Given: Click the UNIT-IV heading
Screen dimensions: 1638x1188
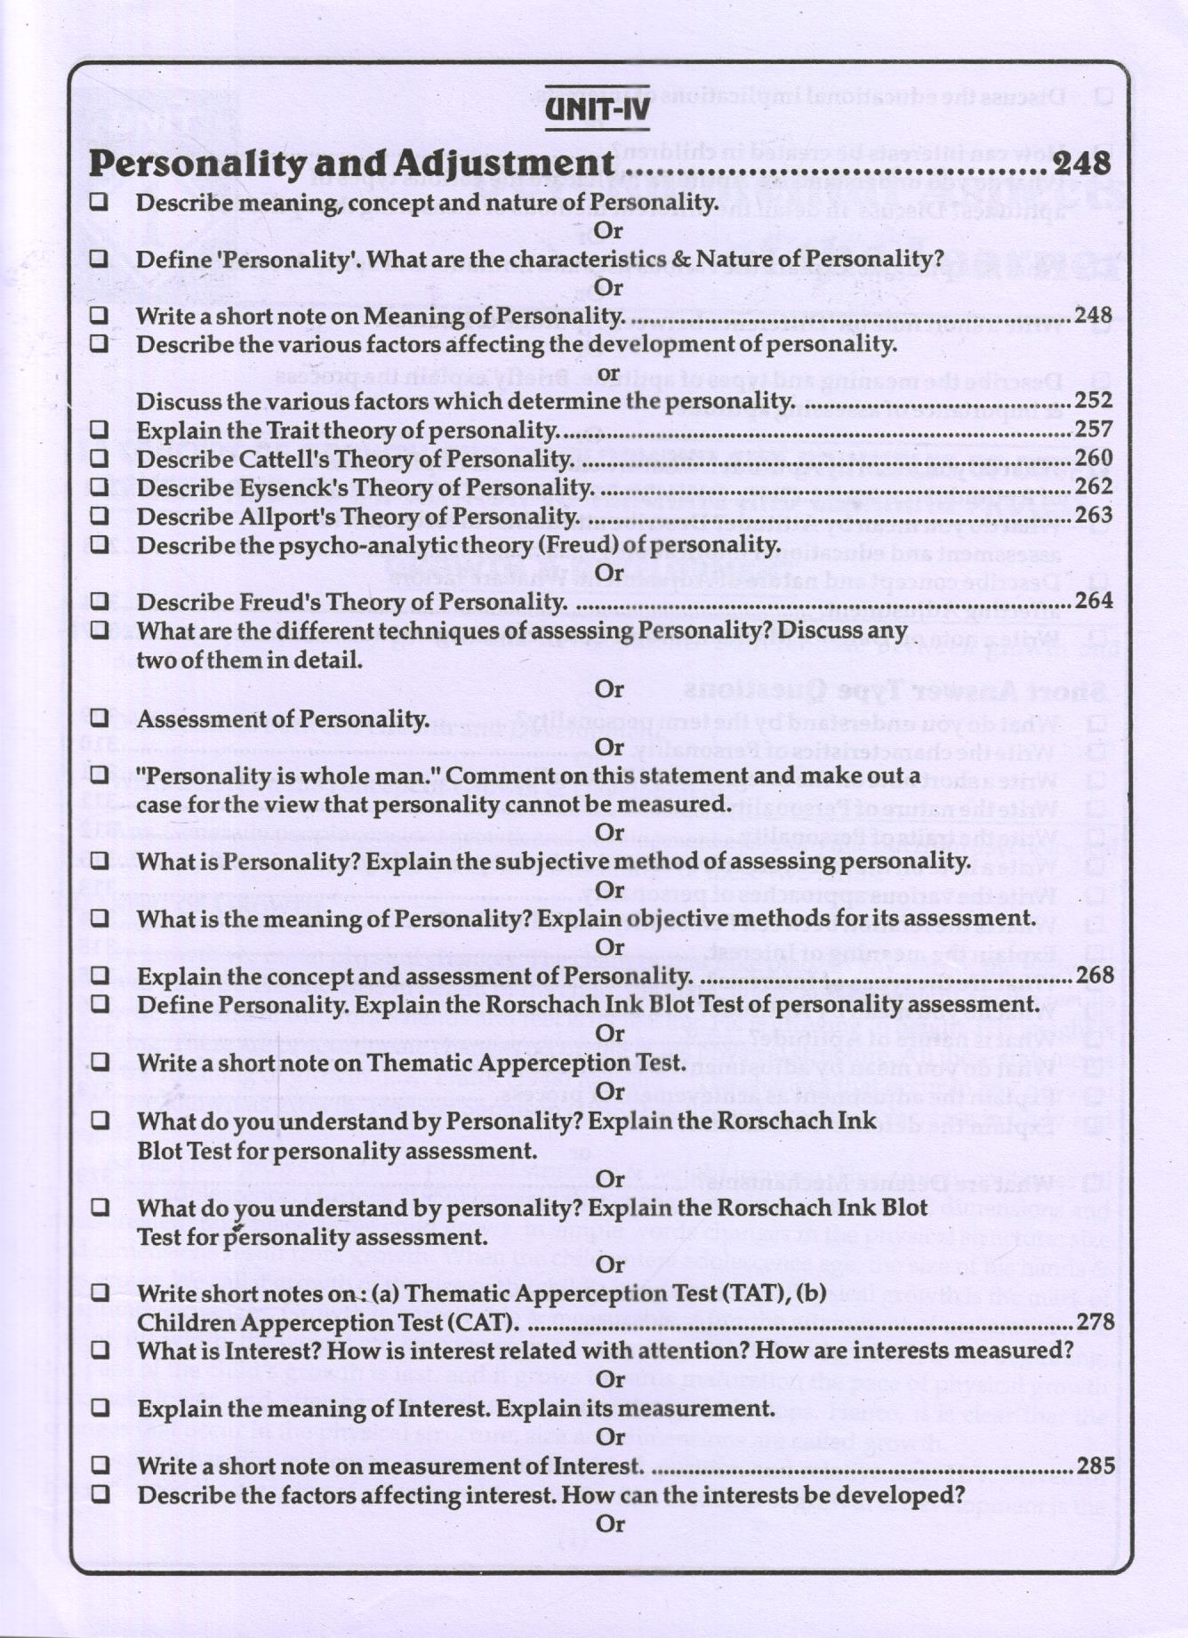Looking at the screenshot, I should tap(597, 109).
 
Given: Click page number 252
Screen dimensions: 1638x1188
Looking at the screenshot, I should tap(1094, 400).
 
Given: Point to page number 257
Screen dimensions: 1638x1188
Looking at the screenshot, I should tap(1094, 430).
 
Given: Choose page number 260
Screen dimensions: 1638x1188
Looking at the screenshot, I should tap(1094, 458).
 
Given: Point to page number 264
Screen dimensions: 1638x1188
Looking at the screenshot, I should tap(1094, 600).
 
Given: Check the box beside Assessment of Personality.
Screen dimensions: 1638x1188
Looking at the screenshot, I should tap(100, 718).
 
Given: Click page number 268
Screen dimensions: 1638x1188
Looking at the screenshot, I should tap(1095, 976).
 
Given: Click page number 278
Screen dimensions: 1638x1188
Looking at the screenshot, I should tap(1095, 1322).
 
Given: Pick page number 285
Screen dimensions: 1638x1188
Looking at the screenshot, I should tap(1095, 1465).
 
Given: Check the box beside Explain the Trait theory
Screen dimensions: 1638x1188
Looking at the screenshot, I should tap(100, 430).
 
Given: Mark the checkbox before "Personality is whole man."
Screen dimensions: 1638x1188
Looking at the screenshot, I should tap(100, 775).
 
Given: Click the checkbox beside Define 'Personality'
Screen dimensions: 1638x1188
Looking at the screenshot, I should tap(100, 259).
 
